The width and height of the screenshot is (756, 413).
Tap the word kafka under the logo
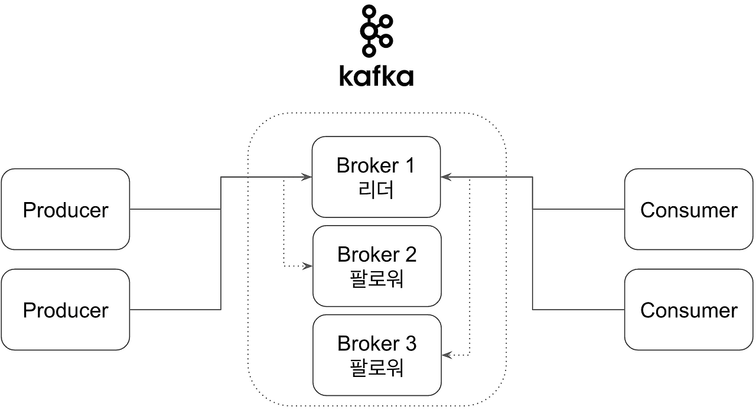click(376, 76)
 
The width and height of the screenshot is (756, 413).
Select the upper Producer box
click(65, 209)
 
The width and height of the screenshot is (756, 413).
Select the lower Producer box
click(65, 310)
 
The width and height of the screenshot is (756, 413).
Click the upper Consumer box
click(689, 209)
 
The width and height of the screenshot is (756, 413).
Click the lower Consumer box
click(689, 310)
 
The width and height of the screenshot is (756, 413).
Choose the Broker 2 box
click(377, 266)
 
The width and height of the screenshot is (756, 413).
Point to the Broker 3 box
click(377, 355)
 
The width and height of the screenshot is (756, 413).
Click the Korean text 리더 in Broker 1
click(376, 190)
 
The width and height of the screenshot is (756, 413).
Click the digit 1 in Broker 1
click(409, 165)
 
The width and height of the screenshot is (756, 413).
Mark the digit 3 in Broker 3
click(410, 343)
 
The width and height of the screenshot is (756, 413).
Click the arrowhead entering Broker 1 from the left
click(307, 177)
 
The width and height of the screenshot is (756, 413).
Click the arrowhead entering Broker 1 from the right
click(446, 177)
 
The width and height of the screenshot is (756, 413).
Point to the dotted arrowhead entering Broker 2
click(308, 266)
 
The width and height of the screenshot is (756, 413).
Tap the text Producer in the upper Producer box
click(65, 210)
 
